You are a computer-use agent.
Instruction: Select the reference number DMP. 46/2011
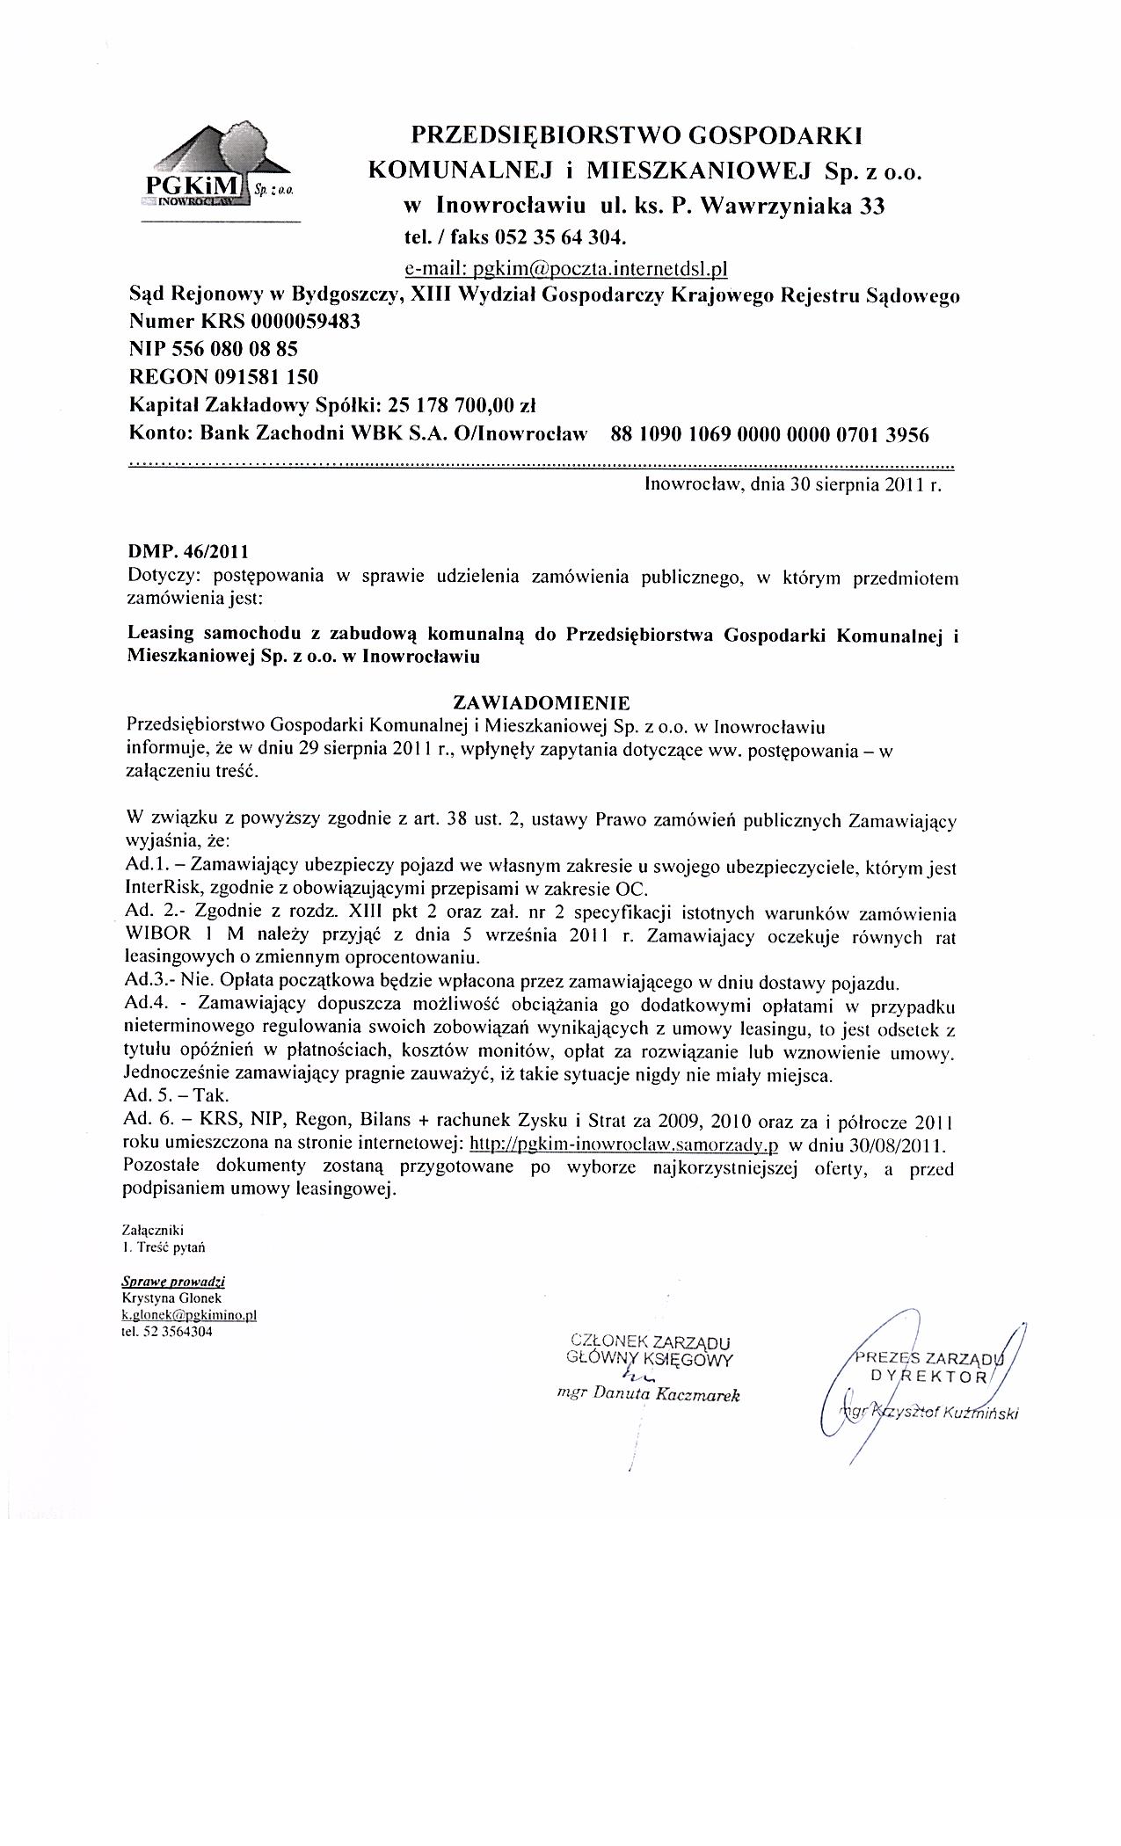click(188, 553)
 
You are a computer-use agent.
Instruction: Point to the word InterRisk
click(161, 888)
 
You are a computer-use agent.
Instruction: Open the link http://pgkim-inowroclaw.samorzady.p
click(626, 1145)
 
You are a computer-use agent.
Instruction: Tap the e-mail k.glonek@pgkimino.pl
click(189, 1314)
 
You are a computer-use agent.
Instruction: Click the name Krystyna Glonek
click(172, 1297)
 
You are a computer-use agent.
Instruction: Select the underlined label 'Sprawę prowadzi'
click(173, 1282)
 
